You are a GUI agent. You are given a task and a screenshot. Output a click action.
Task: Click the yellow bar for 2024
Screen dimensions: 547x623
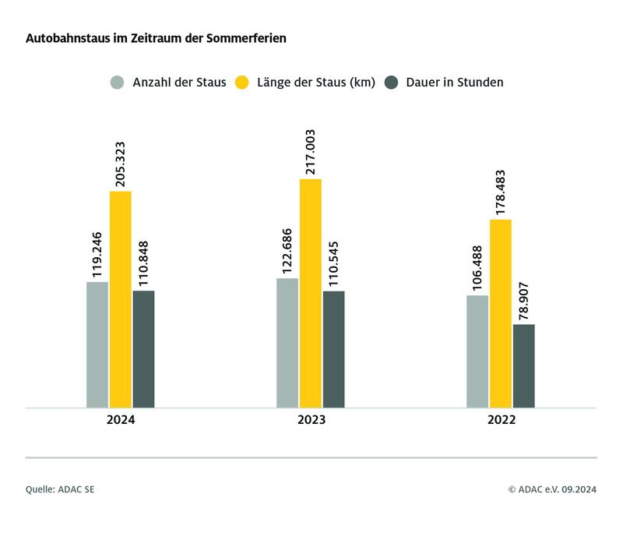120,299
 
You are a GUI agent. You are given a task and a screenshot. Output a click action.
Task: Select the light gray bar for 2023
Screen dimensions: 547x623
287,343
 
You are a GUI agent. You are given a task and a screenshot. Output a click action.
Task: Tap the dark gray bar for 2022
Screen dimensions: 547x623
524,365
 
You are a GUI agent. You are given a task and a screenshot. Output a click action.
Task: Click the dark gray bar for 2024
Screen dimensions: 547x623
143,349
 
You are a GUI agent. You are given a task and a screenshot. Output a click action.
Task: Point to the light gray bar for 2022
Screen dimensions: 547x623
477,351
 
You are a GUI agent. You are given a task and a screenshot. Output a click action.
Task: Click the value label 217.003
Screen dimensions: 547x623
311,152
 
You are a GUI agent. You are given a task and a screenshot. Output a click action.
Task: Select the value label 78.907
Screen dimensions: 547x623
524,300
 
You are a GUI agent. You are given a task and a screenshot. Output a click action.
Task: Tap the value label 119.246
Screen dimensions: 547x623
97,252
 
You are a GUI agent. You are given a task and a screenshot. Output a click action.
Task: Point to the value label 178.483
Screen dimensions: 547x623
501,192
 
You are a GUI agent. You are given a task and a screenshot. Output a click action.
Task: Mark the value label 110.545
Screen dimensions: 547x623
334,263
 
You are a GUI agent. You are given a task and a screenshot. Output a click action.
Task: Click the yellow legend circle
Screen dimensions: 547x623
242,82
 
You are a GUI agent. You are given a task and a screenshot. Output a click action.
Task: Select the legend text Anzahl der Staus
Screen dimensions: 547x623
179,82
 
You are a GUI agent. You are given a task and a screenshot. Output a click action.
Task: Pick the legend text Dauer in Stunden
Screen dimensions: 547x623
455,82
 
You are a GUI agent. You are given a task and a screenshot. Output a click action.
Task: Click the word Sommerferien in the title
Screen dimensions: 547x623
247,37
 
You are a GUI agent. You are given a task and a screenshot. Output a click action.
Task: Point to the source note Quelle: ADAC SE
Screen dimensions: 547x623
60,489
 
